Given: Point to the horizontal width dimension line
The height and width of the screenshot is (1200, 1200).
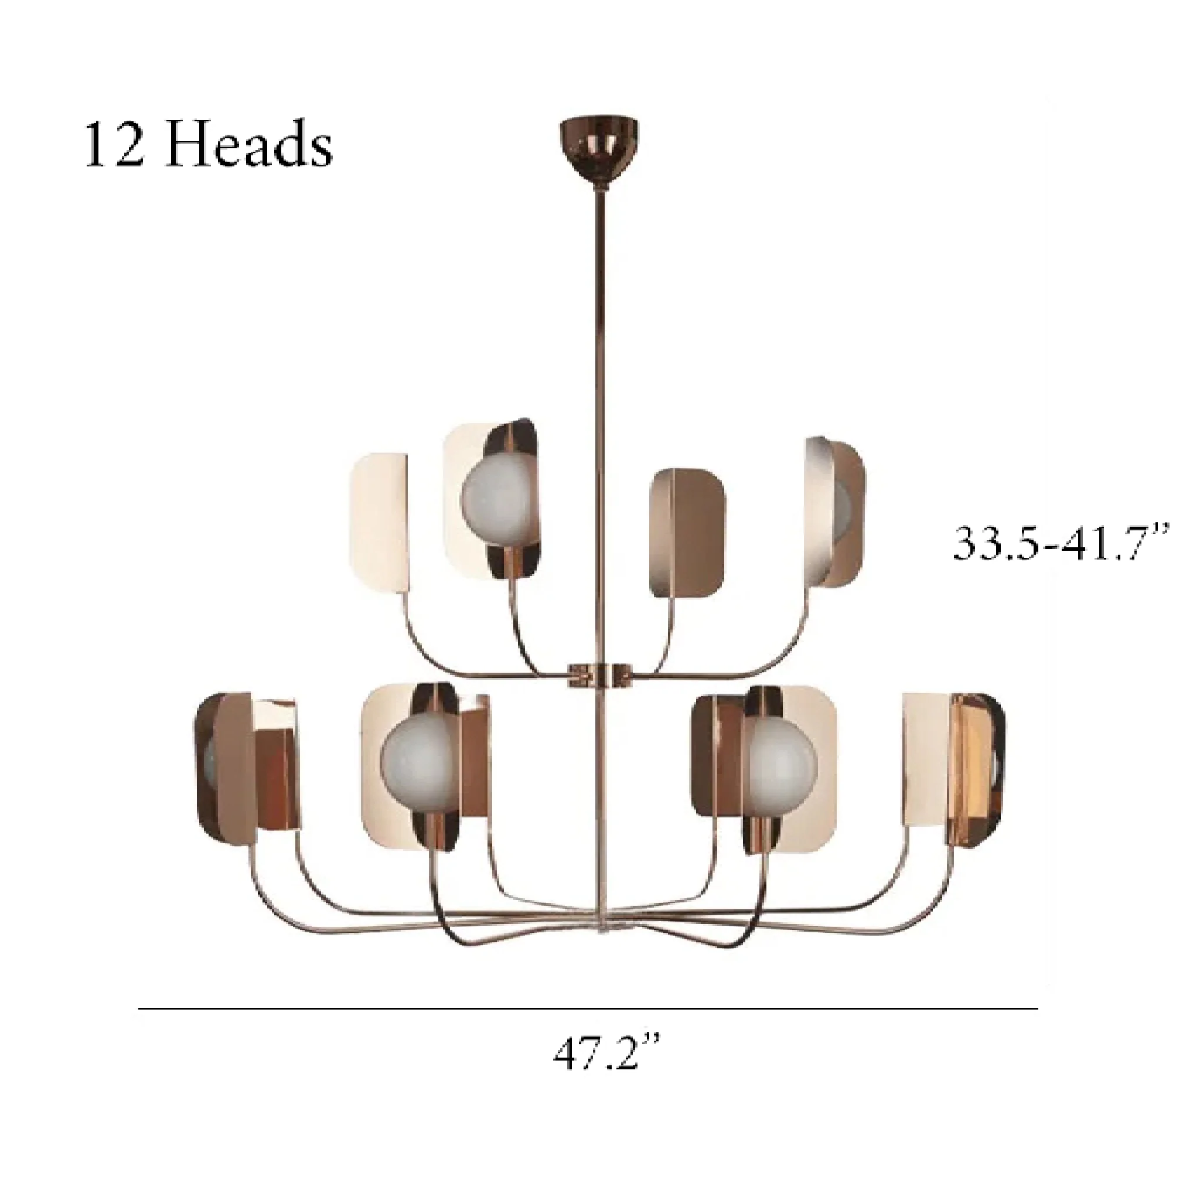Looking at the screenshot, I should coord(588,1009).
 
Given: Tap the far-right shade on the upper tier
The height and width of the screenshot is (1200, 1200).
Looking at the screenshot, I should coord(836,513).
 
